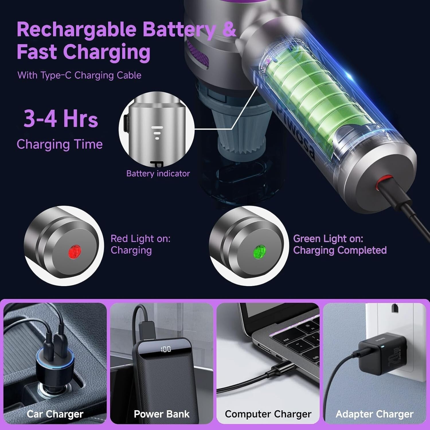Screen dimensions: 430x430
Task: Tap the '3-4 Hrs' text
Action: (61, 119)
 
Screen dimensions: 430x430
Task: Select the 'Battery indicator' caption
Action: (158, 173)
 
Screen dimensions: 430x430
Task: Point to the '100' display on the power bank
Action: (166, 349)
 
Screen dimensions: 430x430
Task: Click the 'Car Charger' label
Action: (55, 414)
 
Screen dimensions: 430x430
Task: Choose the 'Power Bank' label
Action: (162, 414)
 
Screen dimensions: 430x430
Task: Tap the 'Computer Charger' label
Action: (268, 414)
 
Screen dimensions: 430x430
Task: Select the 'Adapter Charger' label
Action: (374, 414)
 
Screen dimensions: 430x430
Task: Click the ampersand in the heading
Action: (229, 29)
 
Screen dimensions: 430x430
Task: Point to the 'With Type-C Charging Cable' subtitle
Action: (79, 75)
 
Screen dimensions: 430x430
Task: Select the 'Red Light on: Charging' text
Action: (140, 244)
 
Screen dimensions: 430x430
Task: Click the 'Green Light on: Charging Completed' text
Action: (340, 244)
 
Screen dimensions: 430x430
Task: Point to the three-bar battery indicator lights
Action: (157, 133)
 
